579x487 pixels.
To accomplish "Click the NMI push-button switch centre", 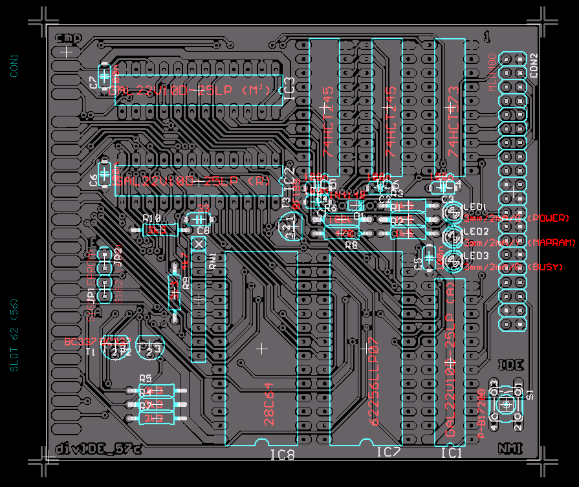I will [x=506, y=406].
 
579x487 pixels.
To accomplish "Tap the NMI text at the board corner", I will [x=510, y=448].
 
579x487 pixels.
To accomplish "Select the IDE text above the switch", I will [x=510, y=365].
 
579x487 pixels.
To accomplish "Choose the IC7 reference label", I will [x=388, y=452].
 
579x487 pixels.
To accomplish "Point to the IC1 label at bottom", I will [x=452, y=453].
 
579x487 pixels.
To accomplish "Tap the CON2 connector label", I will [x=534, y=65].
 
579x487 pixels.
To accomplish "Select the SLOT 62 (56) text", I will [x=15, y=336].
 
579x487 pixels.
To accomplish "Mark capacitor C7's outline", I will [x=104, y=76].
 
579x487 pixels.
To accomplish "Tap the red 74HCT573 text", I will [x=454, y=125].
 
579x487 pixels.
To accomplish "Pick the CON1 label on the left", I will [x=14, y=65].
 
